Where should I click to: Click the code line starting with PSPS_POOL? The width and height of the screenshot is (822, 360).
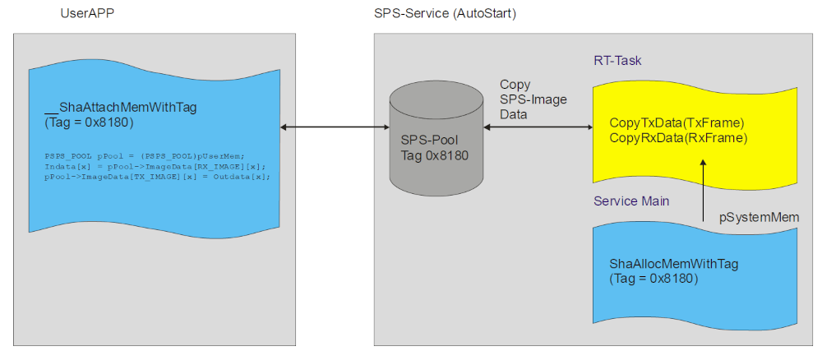145,155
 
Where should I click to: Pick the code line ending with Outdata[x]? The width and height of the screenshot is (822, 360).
156,176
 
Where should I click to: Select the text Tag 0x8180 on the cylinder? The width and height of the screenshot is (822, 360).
434,154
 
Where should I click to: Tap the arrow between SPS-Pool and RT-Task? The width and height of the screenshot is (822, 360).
538,127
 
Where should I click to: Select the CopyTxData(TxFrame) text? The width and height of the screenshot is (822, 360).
677,123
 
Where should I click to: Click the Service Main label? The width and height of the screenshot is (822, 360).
631,201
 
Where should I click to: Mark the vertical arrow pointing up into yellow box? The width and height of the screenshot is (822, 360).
703,189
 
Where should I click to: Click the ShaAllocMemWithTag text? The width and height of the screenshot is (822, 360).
673,264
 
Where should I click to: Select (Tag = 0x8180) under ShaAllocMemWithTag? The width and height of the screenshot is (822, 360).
653,279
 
